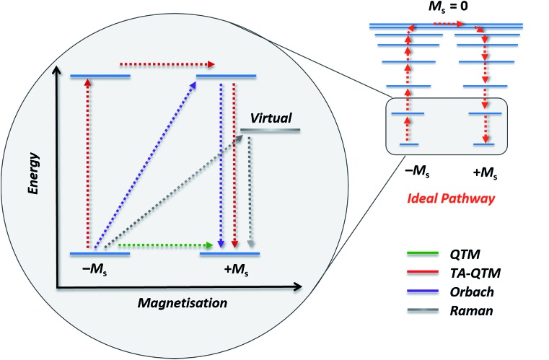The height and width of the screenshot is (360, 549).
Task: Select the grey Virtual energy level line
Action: coord(270,131)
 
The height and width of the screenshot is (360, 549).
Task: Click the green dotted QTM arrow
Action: coord(167,245)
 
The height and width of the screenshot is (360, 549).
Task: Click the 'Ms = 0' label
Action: coord(445,9)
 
